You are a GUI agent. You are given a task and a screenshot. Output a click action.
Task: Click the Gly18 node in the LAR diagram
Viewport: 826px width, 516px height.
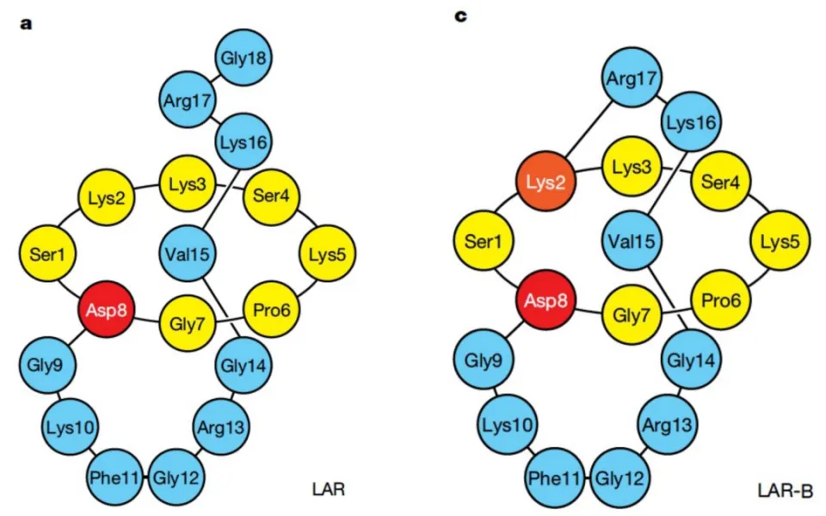[x=243, y=58]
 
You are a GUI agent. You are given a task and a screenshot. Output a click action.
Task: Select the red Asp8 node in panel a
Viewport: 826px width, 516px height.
[x=107, y=309]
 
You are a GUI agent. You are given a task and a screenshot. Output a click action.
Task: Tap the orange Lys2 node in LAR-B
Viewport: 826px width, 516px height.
[x=546, y=181]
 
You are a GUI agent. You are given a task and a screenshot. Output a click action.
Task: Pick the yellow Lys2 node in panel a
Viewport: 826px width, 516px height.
[x=107, y=198]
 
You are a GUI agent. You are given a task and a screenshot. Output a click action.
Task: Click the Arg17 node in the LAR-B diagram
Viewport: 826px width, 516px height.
[x=631, y=78]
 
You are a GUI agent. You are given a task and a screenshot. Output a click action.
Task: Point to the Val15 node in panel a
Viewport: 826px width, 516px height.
[x=188, y=254]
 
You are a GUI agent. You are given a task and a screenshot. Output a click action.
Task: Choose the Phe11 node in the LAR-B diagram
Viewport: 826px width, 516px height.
[x=555, y=478]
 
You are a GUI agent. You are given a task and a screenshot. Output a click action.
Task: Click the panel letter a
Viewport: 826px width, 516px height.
[x=26, y=24]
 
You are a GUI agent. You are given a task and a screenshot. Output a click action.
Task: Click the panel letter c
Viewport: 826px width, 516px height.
[x=460, y=16]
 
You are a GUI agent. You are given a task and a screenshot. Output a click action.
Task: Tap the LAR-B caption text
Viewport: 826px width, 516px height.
[x=786, y=491]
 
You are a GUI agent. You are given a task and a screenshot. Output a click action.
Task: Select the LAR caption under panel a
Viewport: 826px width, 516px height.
[x=329, y=489]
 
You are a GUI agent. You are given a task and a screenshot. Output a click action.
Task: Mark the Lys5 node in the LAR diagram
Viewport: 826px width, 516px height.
[x=328, y=254]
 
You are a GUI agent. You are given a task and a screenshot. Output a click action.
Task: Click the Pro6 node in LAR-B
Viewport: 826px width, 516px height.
[x=721, y=301]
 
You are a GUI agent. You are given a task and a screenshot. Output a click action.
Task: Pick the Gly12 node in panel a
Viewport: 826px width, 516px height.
[x=176, y=477]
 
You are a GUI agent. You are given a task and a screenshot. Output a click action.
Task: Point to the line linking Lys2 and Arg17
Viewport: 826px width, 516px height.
[x=589, y=130]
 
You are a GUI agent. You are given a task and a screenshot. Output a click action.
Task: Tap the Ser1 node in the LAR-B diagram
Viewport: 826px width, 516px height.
[x=484, y=241]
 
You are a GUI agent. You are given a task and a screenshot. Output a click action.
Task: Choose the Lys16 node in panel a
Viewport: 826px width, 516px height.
[x=243, y=142]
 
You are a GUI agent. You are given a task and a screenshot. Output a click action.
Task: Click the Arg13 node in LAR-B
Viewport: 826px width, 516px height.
[x=667, y=424]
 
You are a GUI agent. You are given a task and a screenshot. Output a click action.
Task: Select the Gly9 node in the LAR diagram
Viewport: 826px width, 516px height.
[x=47, y=365]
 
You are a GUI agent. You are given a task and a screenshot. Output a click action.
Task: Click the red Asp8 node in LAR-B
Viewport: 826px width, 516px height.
[x=546, y=301]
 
